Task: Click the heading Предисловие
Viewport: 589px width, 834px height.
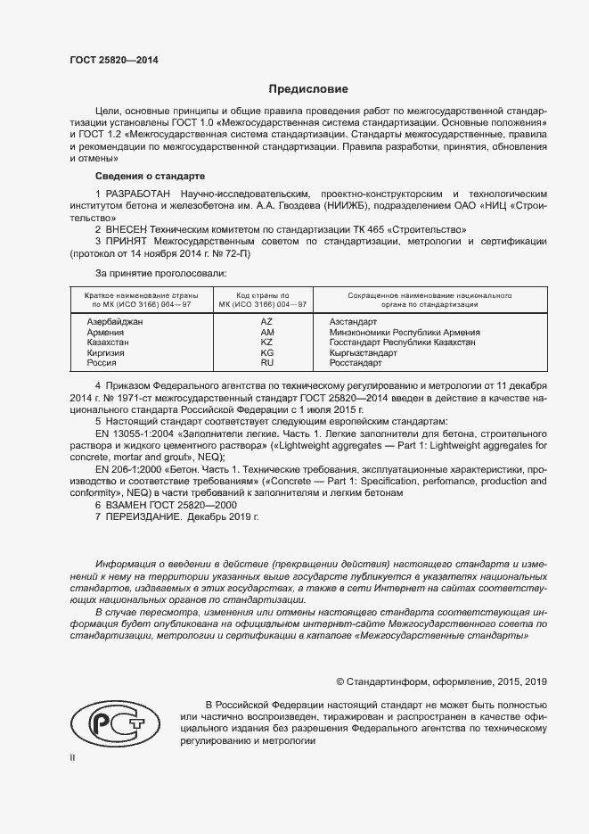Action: [x=308, y=89]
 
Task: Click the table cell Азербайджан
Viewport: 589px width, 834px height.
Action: [x=115, y=320]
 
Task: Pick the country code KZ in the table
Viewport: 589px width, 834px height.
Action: [x=266, y=343]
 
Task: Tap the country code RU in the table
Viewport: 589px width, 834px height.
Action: [x=266, y=364]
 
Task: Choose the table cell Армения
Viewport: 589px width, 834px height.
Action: [x=105, y=332]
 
